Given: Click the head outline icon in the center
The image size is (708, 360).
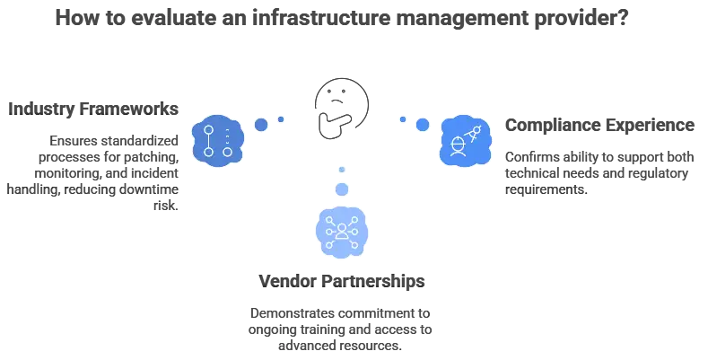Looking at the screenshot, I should (339, 106).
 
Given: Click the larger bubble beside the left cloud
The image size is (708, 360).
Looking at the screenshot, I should (261, 125).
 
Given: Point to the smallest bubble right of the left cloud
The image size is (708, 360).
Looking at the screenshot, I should (281, 119).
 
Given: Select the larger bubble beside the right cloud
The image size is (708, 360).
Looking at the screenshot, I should (422, 125).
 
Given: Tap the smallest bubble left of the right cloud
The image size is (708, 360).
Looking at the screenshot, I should (403, 119).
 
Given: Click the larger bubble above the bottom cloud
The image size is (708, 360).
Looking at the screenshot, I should (341, 189).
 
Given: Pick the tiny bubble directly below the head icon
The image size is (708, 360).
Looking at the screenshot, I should (341, 171).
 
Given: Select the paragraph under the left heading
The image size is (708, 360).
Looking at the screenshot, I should (99, 166).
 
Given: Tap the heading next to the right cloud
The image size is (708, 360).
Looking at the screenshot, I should (599, 125).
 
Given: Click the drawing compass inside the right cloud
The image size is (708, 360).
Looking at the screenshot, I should (476, 134).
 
